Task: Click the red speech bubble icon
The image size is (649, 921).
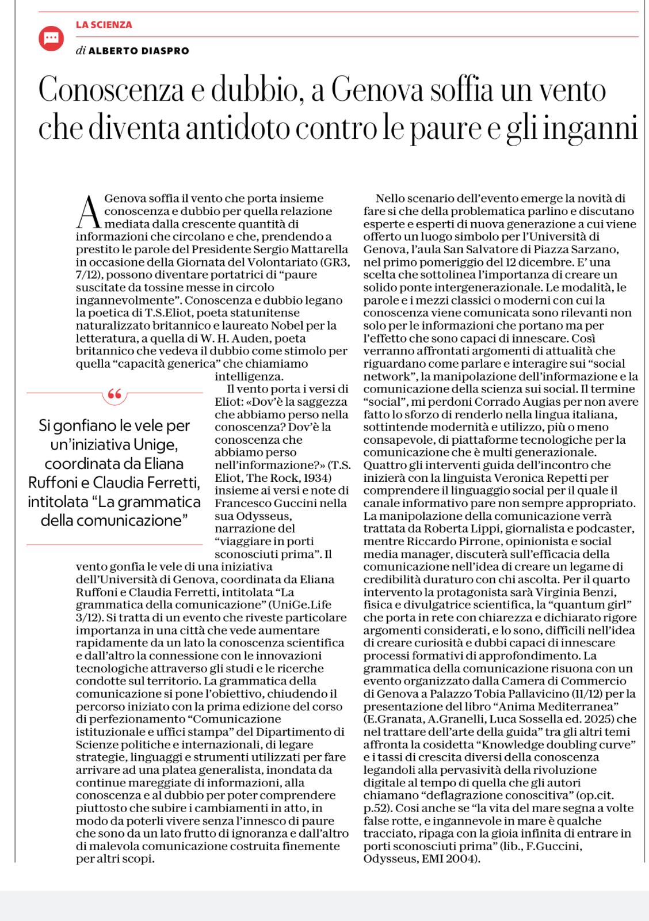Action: (51, 38)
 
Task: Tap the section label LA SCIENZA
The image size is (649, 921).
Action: (104, 25)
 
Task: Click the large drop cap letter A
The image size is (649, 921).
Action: (88, 213)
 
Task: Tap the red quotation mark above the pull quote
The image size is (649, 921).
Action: (114, 394)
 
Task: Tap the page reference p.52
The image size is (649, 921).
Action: (377, 808)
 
